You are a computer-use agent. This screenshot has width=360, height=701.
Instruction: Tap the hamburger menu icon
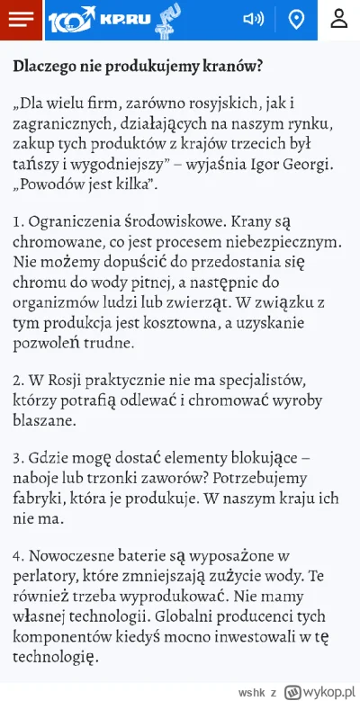coord(21,20)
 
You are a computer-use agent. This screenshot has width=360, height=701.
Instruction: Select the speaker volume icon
coord(254,20)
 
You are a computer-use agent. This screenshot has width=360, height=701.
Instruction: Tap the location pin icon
coord(295,20)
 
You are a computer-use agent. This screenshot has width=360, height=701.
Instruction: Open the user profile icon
coord(338,19)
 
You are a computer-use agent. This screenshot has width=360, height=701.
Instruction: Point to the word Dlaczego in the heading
coord(44,67)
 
